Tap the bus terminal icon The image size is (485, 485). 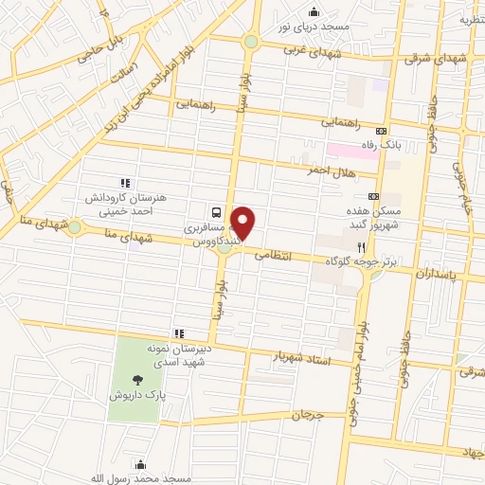(218, 213)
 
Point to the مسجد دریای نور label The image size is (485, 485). (314, 27)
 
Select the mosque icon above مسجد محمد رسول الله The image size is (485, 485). (141, 464)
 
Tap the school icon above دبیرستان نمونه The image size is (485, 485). (178, 332)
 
